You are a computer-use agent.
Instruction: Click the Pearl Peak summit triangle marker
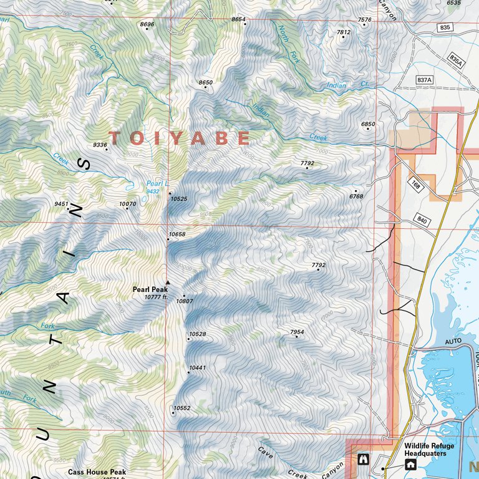pyautogui.click(x=167, y=282)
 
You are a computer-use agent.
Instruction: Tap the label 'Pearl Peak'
pyautogui.click(x=150, y=289)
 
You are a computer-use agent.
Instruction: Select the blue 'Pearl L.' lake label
pyautogui.click(x=157, y=183)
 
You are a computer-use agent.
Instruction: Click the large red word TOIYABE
pyautogui.click(x=180, y=138)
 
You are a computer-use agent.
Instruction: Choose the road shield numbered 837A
pyautogui.click(x=425, y=80)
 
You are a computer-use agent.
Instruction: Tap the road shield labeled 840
pyautogui.click(x=422, y=221)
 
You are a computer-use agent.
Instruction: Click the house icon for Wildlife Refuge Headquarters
pyautogui.click(x=410, y=463)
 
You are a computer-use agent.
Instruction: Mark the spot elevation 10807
pyautogui.click(x=185, y=301)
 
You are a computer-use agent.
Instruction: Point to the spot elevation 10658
pyautogui.click(x=177, y=235)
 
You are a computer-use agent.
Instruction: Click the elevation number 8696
pyautogui.click(x=147, y=24)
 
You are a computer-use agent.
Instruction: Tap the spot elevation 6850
pyautogui.click(x=368, y=124)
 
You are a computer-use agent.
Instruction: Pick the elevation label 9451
pyautogui.click(x=61, y=204)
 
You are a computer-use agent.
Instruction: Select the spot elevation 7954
pyautogui.click(x=297, y=332)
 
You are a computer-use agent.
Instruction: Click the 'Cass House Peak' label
pyautogui.click(x=97, y=472)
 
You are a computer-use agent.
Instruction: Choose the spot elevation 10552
pyautogui.click(x=181, y=408)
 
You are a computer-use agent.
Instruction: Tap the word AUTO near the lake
pyautogui.click(x=453, y=342)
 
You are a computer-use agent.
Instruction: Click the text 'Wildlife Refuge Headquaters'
pyautogui.click(x=429, y=450)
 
